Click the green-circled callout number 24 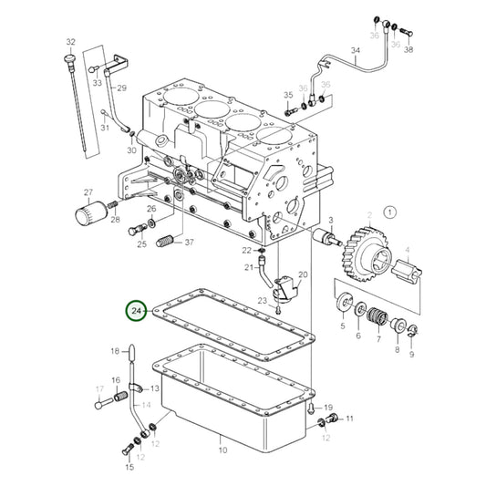tap(137, 312)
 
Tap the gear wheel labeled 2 tap(369, 256)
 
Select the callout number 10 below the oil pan tap(222, 450)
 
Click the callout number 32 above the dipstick tap(70, 42)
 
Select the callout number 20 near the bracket tap(303, 274)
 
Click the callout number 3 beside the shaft tap(332, 220)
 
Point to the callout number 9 tap(411, 354)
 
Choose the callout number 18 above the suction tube tap(116, 350)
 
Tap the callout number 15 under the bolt tap(129, 467)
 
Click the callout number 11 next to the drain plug tap(348, 419)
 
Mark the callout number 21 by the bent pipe tap(247, 267)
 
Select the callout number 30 tap(131, 150)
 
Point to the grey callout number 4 tap(407, 248)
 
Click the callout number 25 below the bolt tap(142, 244)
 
